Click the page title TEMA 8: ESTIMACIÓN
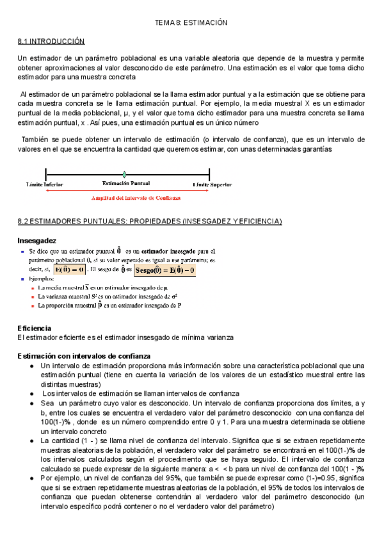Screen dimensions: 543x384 click(191, 22)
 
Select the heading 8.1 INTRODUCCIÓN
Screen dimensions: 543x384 click(51, 41)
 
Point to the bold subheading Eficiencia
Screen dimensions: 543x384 click(35, 328)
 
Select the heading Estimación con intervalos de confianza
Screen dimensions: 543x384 click(84, 355)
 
